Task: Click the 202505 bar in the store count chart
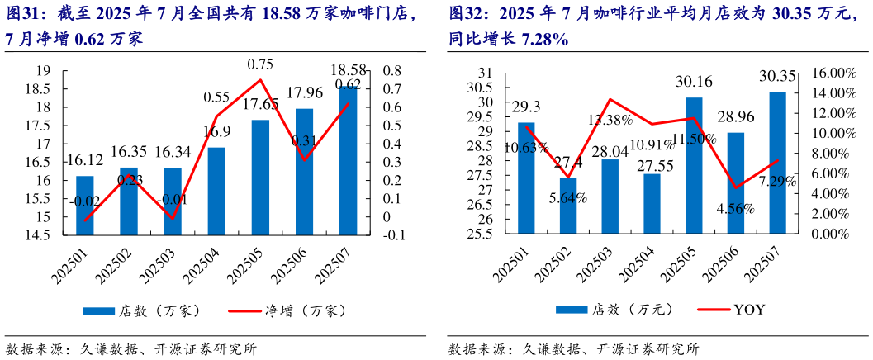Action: [x=260, y=177]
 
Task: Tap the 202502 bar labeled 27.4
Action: [x=568, y=206]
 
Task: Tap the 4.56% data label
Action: [x=735, y=209]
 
